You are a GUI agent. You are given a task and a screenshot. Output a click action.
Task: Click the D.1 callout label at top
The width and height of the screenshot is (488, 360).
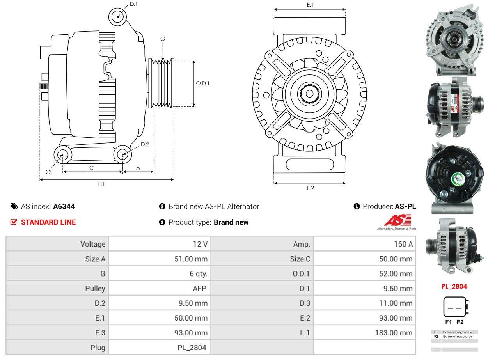tap(133, 4)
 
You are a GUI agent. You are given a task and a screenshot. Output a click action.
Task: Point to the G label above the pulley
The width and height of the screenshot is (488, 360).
tap(163, 39)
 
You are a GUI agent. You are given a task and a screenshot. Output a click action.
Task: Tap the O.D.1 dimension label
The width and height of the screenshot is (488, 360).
tap(202, 83)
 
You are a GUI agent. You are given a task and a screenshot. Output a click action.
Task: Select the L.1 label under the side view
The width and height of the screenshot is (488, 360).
tap(101, 184)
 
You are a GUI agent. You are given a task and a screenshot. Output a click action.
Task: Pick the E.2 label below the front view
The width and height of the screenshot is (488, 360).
tap(310, 188)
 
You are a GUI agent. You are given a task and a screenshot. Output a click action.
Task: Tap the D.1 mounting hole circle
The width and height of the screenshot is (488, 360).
tap(118, 17)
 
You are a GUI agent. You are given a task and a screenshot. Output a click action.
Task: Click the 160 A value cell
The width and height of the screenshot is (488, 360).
tap(404, 244)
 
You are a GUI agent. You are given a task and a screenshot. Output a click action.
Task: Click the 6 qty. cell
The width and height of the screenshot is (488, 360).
tap(198, 273)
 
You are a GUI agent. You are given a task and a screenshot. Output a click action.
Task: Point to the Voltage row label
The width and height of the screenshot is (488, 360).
tap(93, 244)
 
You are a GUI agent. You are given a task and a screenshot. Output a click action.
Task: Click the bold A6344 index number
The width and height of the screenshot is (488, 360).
tap(64, 206)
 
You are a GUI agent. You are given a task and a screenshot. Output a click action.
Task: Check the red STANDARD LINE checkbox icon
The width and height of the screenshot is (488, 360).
tap(14, 222)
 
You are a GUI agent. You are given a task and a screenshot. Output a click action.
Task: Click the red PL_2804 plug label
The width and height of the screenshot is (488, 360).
tap(454, 286)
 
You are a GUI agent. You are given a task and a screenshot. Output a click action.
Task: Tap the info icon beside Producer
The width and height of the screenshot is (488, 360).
tap(357, 206)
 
